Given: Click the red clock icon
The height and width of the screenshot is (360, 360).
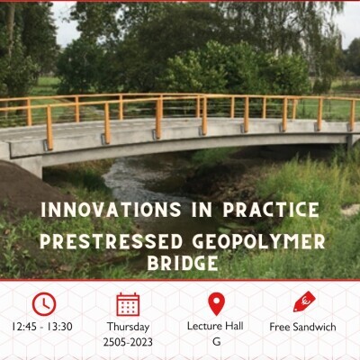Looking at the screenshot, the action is pyautogui.click(x=44, y=304).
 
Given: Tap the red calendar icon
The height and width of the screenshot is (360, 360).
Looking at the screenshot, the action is pyautogui.click(x=128, y=304).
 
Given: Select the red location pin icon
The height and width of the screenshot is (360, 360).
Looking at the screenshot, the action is pyautogui.click(x=216, y=303).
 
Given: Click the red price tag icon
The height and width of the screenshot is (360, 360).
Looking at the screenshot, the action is pyautogui.click(x=304, y=301).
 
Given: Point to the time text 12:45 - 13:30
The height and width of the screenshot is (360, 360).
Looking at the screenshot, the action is pyautogui.click(x=42, y=327).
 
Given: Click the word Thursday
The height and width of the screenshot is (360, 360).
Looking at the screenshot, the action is pyautogui.click(x=128, y=327).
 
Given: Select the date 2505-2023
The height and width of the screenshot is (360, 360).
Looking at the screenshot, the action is pyautogui.click(x=128, y=342).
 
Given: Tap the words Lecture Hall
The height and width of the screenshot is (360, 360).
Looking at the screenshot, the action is pyautogui.click(x=215, y=326).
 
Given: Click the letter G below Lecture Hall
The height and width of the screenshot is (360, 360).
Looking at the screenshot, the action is pyautogui.click(x=216, y=342).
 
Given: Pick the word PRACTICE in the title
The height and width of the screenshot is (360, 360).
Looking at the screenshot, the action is pyautogui.click(x=271, y=210).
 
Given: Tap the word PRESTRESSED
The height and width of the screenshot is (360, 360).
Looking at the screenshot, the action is pyautogui.click(x=111, y=242).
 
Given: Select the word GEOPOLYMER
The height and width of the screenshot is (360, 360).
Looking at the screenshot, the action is pyautogui.click(x=258, y=242).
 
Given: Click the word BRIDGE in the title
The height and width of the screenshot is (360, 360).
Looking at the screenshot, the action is pyautogui.click(x=183, y=264).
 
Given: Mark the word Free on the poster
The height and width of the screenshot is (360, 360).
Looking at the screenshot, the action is pyautogui.click(x=280, y=327).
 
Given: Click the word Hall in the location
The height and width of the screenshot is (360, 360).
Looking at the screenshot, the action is pyautogui.click(x=234, y=326).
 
